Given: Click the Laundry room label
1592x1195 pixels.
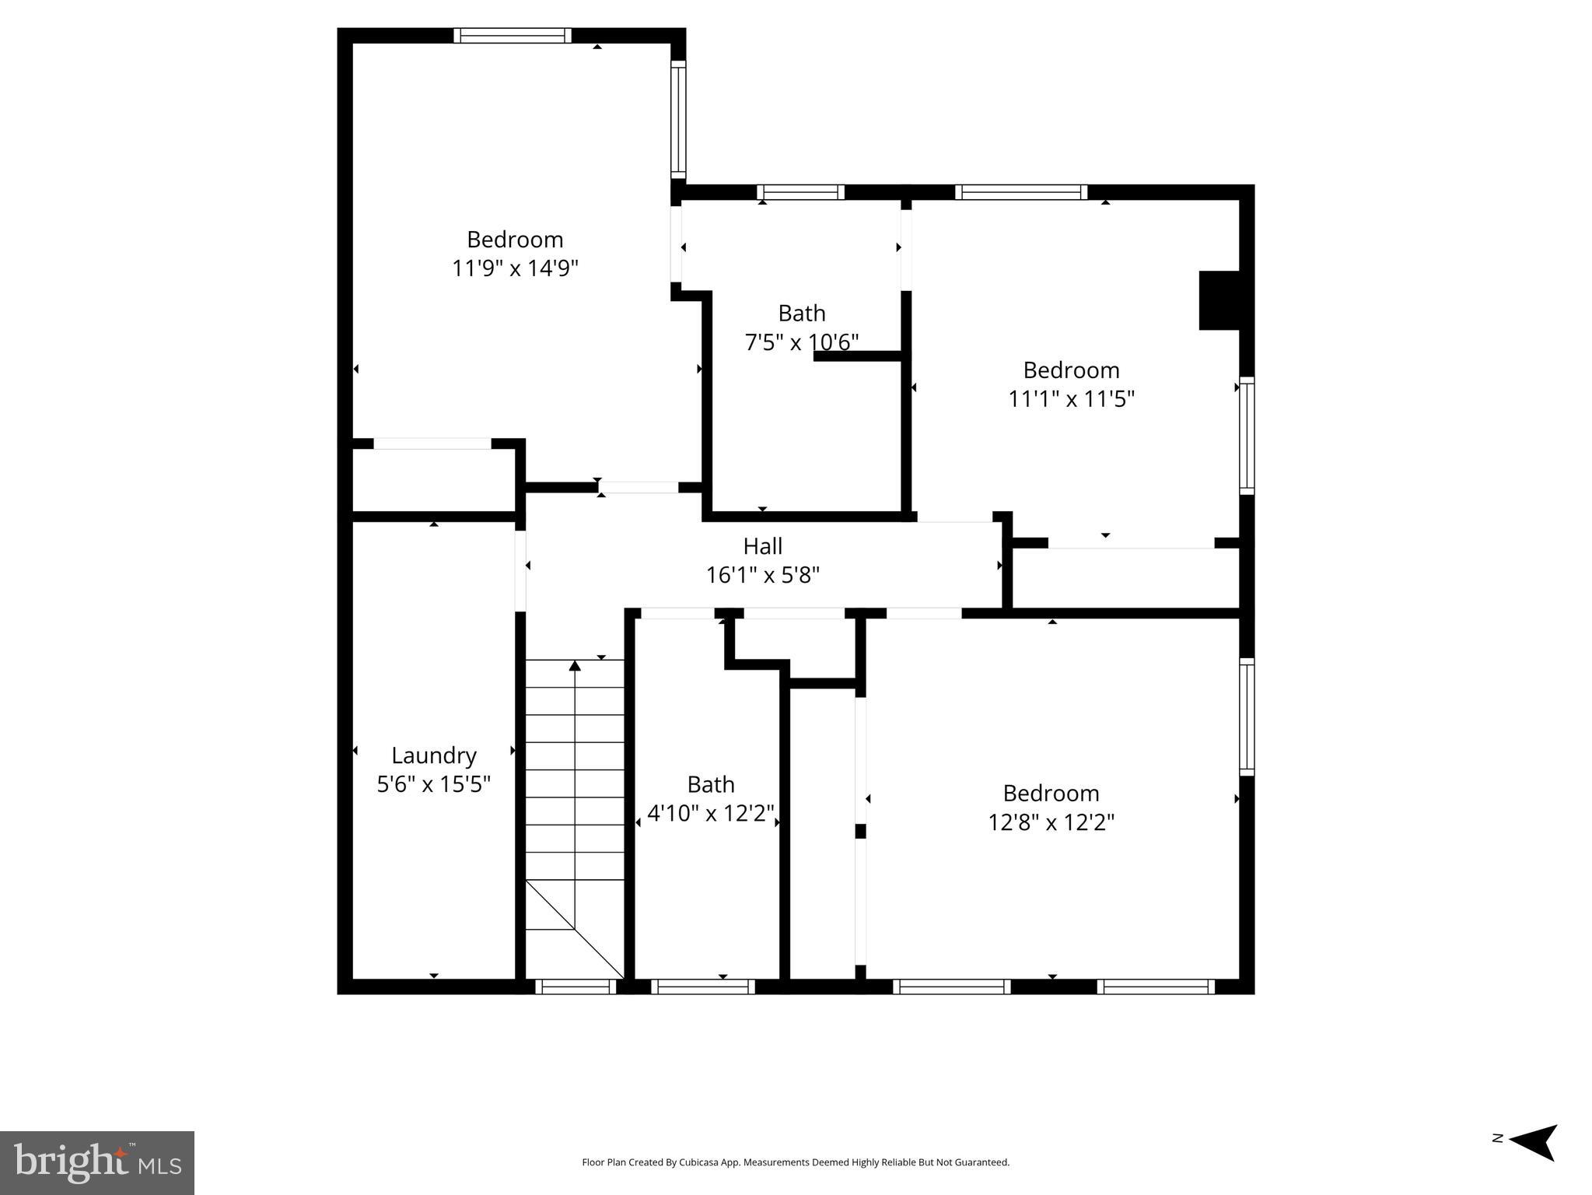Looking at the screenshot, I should tap(433, 755).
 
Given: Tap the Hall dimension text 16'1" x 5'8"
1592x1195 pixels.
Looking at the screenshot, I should tap(762, 575).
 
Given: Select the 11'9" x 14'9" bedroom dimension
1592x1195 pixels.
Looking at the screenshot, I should tap(515, 268).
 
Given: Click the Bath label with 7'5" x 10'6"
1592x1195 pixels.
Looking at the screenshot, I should tap(801, 314).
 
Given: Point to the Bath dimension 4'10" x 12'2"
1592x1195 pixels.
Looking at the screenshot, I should tap(710, 813).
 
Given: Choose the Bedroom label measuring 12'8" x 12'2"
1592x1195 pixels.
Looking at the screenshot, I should tap(1051, 794).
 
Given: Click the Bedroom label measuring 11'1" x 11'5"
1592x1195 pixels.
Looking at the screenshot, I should tap(1071, 370).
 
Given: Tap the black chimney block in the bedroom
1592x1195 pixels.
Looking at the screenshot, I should tap(1219, 300).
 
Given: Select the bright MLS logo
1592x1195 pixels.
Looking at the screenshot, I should tap(97, 1162).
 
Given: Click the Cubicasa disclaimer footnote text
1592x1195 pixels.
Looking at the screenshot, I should tap(795, 1162).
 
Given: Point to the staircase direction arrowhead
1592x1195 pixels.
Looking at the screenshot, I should tap(575, 665).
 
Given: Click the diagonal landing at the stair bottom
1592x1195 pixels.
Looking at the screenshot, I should tap(576, 930).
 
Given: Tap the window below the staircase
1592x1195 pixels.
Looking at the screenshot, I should tap(576, 986).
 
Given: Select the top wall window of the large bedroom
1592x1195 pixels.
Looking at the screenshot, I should tap(513, 36).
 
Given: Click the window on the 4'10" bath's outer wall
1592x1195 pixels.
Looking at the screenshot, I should tap(703, 986).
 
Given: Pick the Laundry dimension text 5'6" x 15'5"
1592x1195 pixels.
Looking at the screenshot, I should tap(433, 784).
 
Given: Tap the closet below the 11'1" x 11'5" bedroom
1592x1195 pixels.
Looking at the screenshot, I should tap(1125, 579).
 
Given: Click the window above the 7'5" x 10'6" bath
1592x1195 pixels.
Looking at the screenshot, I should tap(800, 192).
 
